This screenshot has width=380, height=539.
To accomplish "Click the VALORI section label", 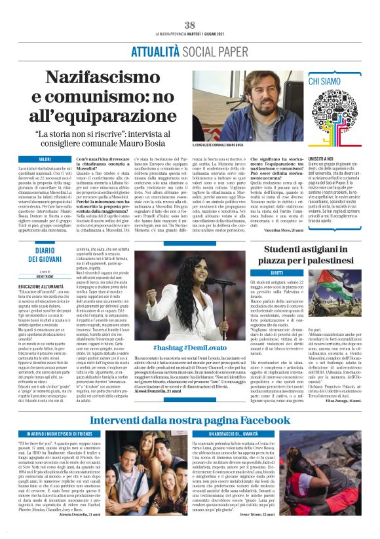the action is point(45,159).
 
